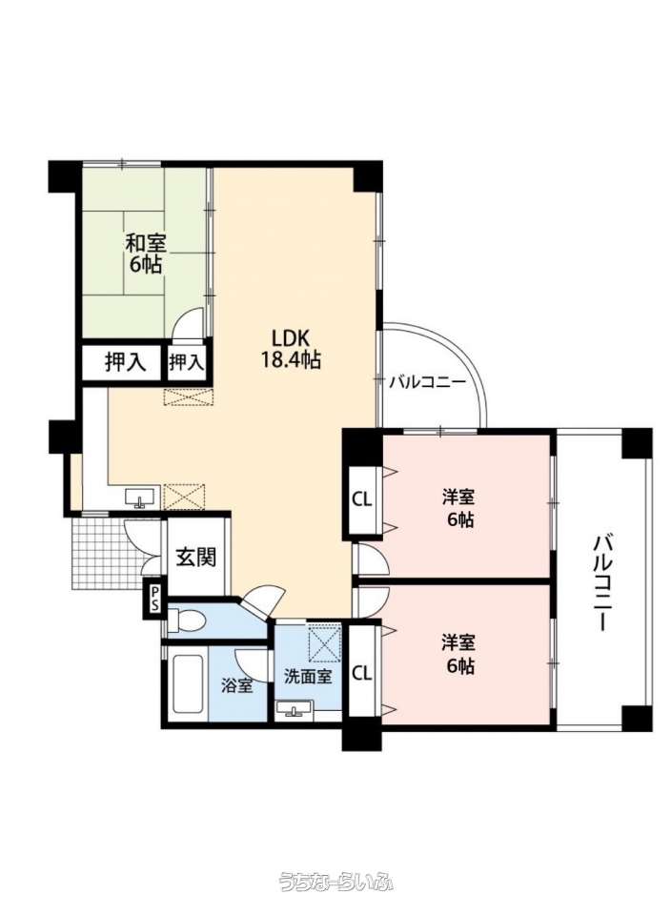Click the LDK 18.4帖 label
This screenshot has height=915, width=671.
tap(290, 349)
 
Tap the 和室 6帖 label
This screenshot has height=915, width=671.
tap(146, 253)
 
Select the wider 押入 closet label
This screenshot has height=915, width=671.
tap(125, 362)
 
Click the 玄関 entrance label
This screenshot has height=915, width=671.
tap(196, 557)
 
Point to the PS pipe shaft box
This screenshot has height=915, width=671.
tap(154, 599)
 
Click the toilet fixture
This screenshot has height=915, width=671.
tap(186, 620)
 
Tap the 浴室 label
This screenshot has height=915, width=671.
tap(237, 685)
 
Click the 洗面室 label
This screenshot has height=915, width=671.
tap(308, 677)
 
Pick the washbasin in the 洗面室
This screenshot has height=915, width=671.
tap(295, 708)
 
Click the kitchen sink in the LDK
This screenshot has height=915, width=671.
tap(139, 498)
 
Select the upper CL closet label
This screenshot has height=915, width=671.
tap(362, 498)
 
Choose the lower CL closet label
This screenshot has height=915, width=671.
tap(362, 673)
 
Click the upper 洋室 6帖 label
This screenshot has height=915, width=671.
tap(458, 508)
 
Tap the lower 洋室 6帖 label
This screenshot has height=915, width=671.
tap(458, 654)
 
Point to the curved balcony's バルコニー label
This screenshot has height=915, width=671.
tap(427, 383)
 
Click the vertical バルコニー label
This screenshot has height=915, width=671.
tap(601, 582)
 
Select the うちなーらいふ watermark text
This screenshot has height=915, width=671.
tap(335, 881)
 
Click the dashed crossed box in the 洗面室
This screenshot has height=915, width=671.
tap(324, 642)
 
